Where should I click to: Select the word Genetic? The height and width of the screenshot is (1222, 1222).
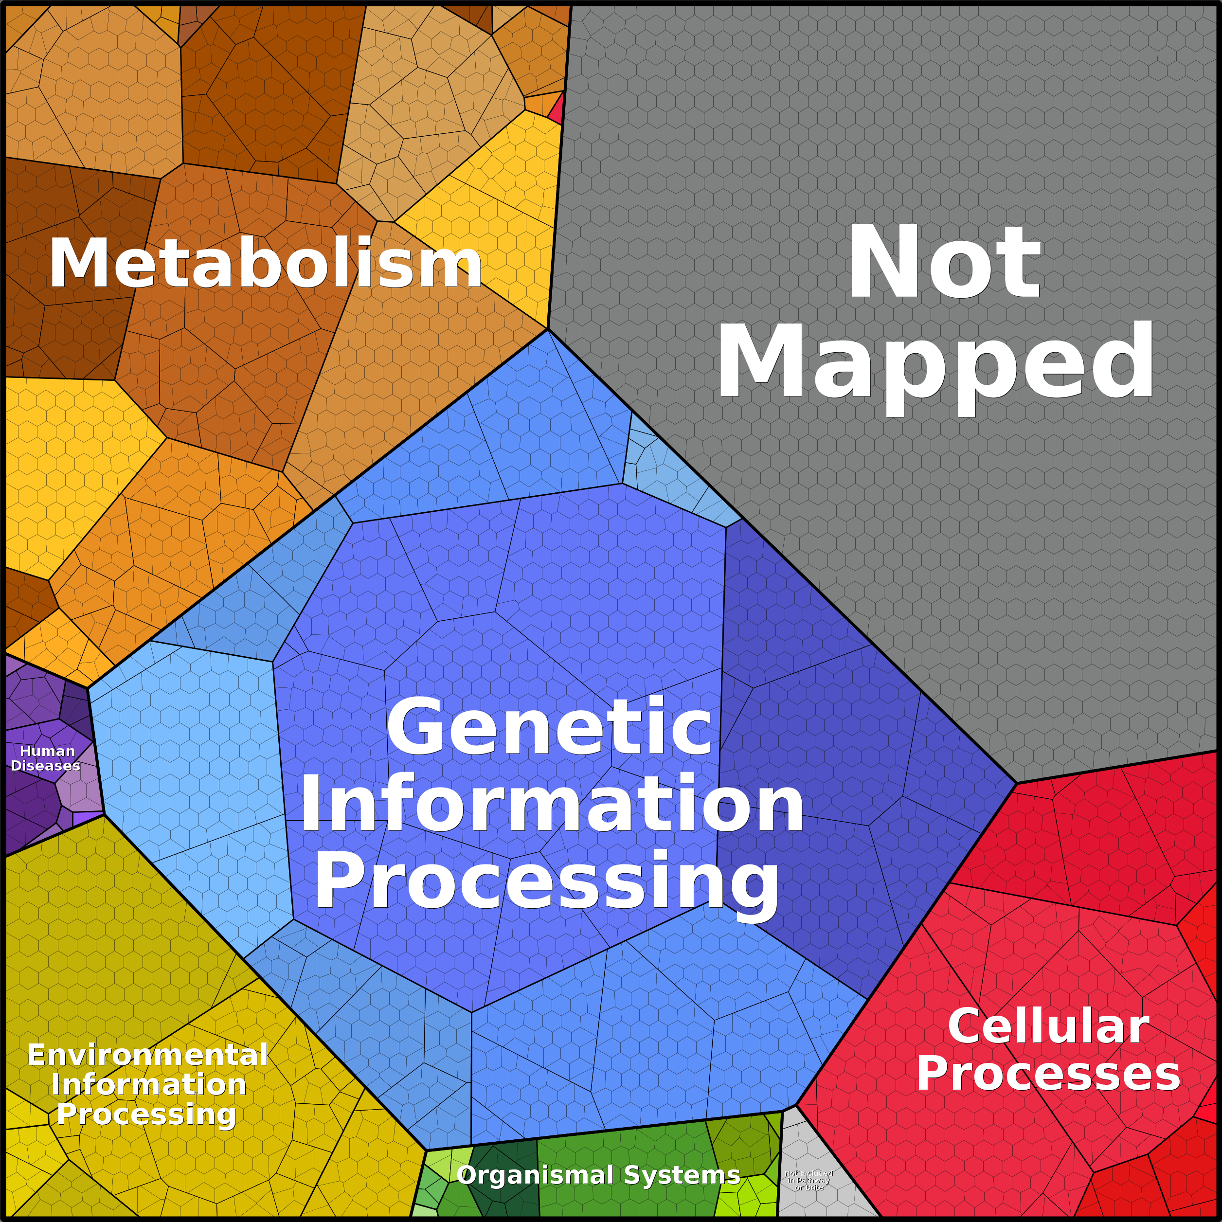tap(549, 727)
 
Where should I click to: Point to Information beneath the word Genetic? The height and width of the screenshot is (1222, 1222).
tap(552, 805)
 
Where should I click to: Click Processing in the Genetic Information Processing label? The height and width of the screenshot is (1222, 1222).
tap(547, 881)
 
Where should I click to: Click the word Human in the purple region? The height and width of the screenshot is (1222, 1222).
tap(48, 751)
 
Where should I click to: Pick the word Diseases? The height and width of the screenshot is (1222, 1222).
tap(46, 765)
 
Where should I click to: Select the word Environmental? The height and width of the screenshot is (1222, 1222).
tap(147, 1055)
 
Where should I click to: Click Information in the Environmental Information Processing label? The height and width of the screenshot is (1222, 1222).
tap(149, 1084)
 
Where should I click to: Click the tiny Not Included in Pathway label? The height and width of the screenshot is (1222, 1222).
tap(809, 1180)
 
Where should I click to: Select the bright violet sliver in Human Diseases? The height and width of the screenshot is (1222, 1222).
tap(86, 819)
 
